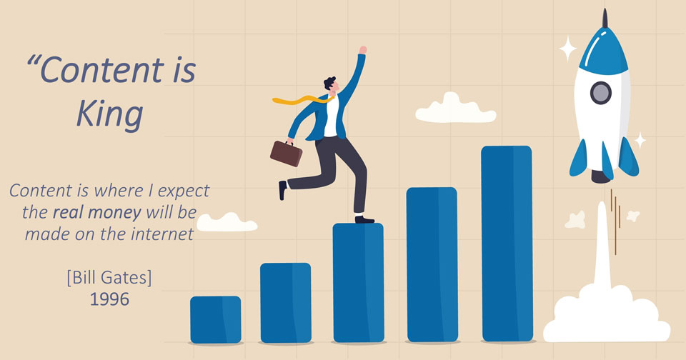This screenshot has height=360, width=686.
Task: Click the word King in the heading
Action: click(109, 114)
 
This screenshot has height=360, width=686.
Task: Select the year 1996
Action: click(109, 299)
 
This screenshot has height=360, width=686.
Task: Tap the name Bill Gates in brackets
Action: click(109, 277)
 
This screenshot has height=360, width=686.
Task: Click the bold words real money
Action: click(96, 213)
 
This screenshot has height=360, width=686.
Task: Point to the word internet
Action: click(162, 234)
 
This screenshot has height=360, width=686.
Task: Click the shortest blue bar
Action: click(216, 320)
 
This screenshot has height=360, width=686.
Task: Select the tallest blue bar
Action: click(507, 244)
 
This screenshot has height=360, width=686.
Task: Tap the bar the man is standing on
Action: click(358, 283)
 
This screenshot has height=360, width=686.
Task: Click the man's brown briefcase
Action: click(286, 153)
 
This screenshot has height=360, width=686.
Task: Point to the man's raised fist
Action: click(363, 50)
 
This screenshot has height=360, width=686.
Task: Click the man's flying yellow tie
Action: click(302, 100)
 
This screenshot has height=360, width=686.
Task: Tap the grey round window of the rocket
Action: click(601, 93)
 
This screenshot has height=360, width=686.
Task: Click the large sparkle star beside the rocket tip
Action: click(568, 49)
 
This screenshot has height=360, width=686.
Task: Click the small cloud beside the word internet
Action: click(227, 222)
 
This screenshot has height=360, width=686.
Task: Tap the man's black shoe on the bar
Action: click(364, 219)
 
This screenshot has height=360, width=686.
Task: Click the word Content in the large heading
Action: click(102, 70)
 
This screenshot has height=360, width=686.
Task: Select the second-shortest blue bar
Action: click(286, 303)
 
